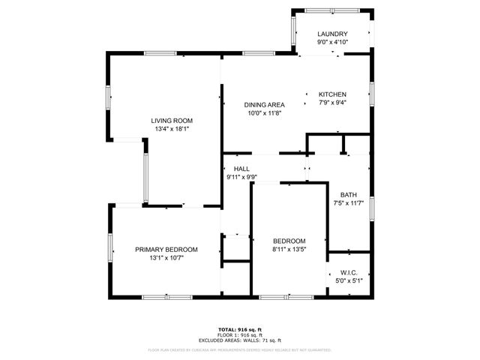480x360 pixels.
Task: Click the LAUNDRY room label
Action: click(x=331, y=34)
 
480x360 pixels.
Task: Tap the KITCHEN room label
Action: click(x=331, y=94)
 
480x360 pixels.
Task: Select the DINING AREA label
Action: click(x=264, y=104)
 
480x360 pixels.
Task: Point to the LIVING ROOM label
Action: click(x=172, y=121)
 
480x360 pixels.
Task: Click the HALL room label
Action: click(x=241, y=169)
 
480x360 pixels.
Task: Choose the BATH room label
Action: click(x=349, y=193)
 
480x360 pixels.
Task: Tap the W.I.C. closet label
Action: click(x=348, y=272)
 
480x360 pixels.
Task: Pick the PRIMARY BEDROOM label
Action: click(x=166, y=249)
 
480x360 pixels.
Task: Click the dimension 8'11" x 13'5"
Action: click(x=289, y=249)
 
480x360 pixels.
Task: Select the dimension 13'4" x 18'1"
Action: click(x=172, y=129)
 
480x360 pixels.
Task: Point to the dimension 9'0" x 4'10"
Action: click(x=331, y=43)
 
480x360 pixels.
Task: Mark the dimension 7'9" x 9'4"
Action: click(x=331, y=103)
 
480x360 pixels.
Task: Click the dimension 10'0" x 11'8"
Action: click(x=264, y=112)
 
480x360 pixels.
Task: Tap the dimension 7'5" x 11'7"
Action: click(x=349, y=202)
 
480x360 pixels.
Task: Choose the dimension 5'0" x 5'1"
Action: click(x=348, y=280)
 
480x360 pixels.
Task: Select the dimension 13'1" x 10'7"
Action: click(x=166, y=257)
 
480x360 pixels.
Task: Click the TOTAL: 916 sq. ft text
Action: click(x=239, y=329)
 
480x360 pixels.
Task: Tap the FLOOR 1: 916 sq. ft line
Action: click(x=239, y=334)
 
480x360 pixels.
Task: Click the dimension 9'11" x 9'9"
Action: click(x=241, y=177)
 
